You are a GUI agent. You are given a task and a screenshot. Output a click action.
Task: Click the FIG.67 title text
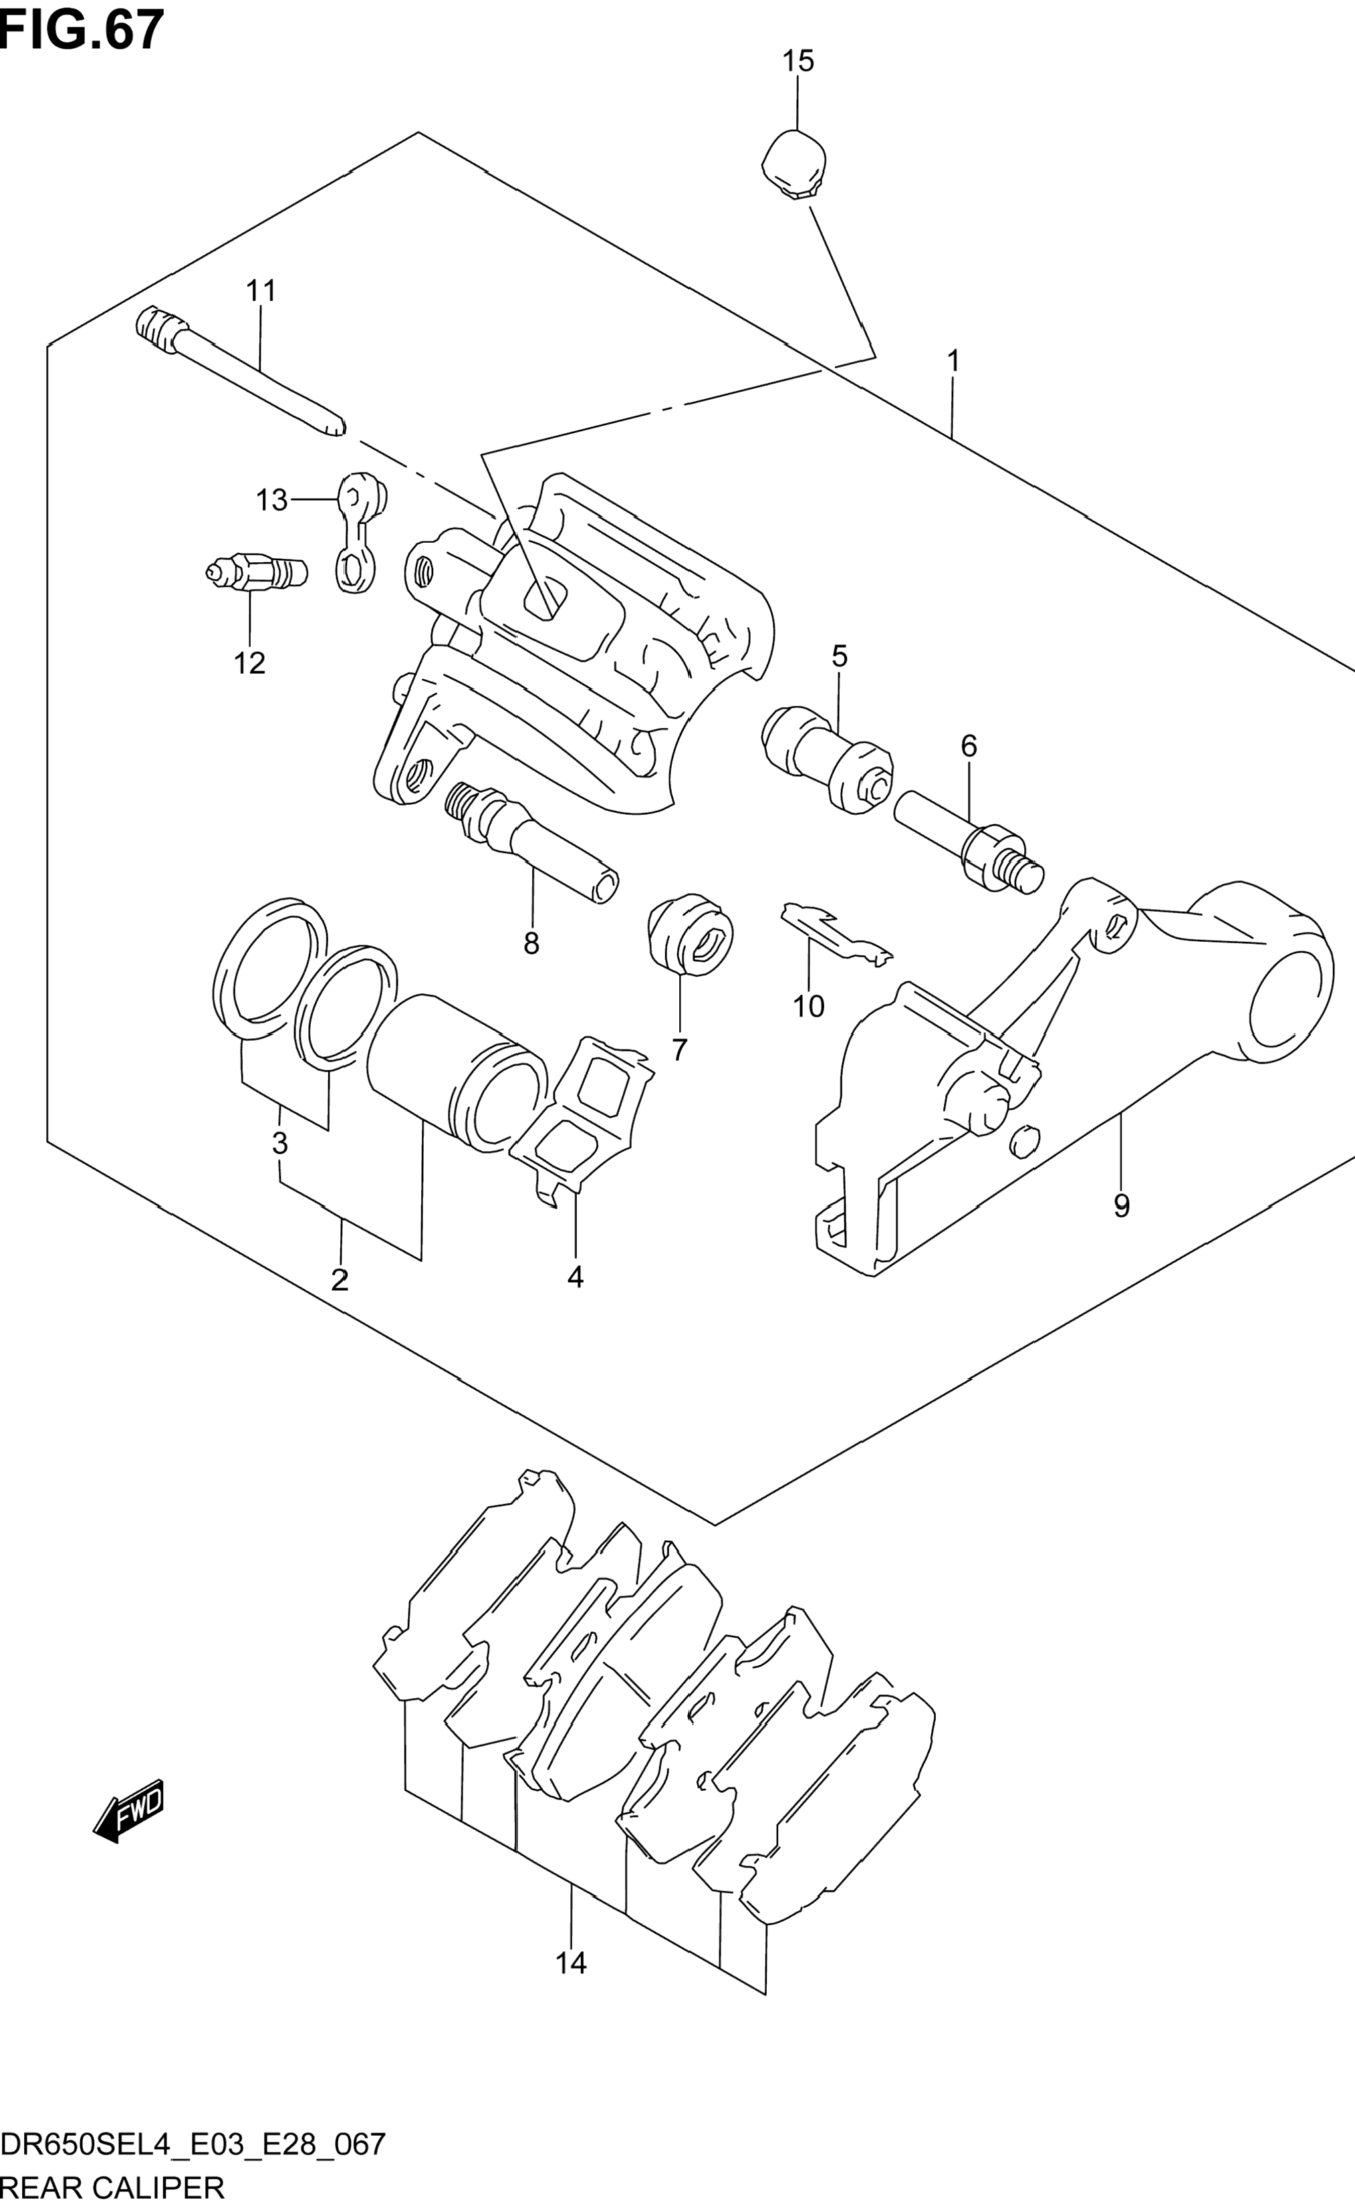82,29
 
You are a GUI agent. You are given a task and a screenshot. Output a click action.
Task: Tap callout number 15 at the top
797,61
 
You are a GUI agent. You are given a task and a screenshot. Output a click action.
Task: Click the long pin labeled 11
239,371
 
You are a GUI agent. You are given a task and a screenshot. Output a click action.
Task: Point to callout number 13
271,499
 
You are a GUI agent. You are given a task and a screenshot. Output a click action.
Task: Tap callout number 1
953,360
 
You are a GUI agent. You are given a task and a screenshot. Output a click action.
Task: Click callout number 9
1121,1205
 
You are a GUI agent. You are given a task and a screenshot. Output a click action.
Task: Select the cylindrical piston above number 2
457,1073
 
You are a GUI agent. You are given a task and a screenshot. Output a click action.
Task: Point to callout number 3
279,1142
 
